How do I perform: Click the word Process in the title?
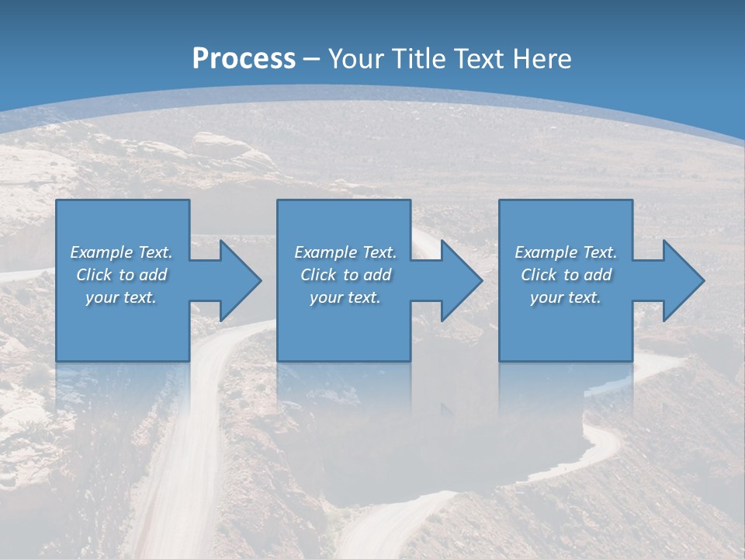point(244,59)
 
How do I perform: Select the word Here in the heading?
point(542,59)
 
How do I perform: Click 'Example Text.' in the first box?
point(121,252)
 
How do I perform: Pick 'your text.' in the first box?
point(121,297)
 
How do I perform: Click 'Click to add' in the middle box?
point(345,275)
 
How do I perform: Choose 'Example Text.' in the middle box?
point(345,252)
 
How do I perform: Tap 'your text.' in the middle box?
point(345,297)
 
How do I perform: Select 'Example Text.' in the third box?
point(566,252)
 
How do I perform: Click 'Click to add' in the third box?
point(566,275)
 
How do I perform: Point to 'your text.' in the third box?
point(566,297)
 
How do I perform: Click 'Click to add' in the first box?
point(121,275)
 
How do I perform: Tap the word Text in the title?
point(480,59)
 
